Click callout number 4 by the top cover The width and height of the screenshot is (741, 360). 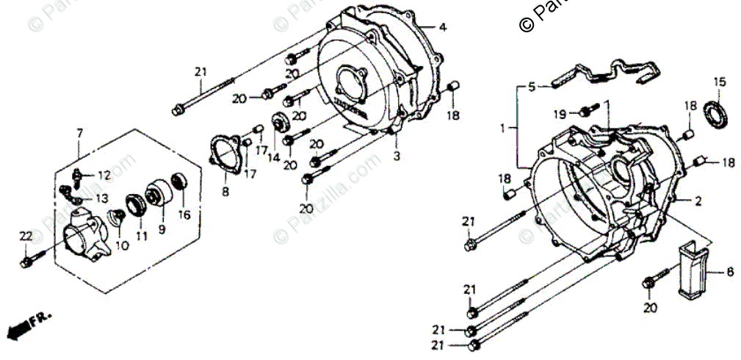442,28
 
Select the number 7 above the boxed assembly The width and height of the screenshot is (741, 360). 80,132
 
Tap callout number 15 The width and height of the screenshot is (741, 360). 719,82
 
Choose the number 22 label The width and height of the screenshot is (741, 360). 26,236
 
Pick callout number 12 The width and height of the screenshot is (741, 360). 104,176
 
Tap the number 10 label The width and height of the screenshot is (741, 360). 122,245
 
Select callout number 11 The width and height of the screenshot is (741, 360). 141,236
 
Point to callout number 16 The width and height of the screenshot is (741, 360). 184,215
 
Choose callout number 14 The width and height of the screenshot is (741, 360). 273,158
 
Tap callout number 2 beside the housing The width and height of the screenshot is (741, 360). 698,201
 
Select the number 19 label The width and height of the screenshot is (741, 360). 560,114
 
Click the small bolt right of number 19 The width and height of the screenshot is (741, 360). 586,112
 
